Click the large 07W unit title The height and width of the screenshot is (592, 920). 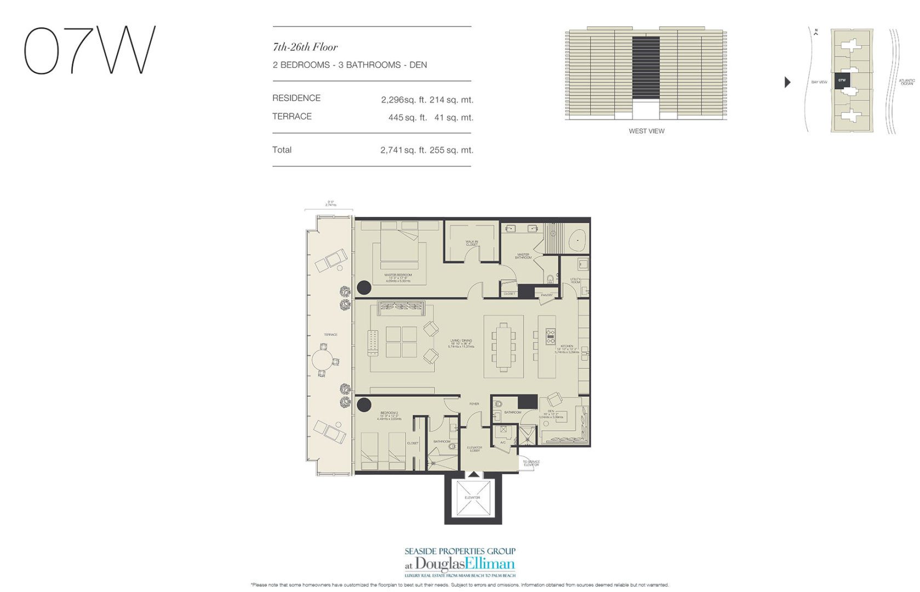point(89,50)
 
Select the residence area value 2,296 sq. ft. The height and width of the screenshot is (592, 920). point(404,100)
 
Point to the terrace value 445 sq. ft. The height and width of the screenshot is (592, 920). point(407,117)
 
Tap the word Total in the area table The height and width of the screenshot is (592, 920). point(282,150)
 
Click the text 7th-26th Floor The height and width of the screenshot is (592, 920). point(305,47)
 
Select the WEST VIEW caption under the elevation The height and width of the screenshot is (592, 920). point(646,131)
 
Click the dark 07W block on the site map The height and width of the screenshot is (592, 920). point(842,81)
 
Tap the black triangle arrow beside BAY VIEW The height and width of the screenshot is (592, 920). point(787,82)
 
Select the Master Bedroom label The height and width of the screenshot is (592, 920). point(398,275)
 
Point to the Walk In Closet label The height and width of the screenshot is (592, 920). point(472,243)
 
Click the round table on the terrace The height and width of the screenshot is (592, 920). point(323,360)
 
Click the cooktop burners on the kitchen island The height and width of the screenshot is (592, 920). point(550,336)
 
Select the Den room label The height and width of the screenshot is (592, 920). point(551,412)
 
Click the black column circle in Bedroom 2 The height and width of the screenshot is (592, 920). point(363,405)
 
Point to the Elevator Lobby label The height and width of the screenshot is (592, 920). point(475,449)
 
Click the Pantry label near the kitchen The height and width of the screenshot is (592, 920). point(546,295)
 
